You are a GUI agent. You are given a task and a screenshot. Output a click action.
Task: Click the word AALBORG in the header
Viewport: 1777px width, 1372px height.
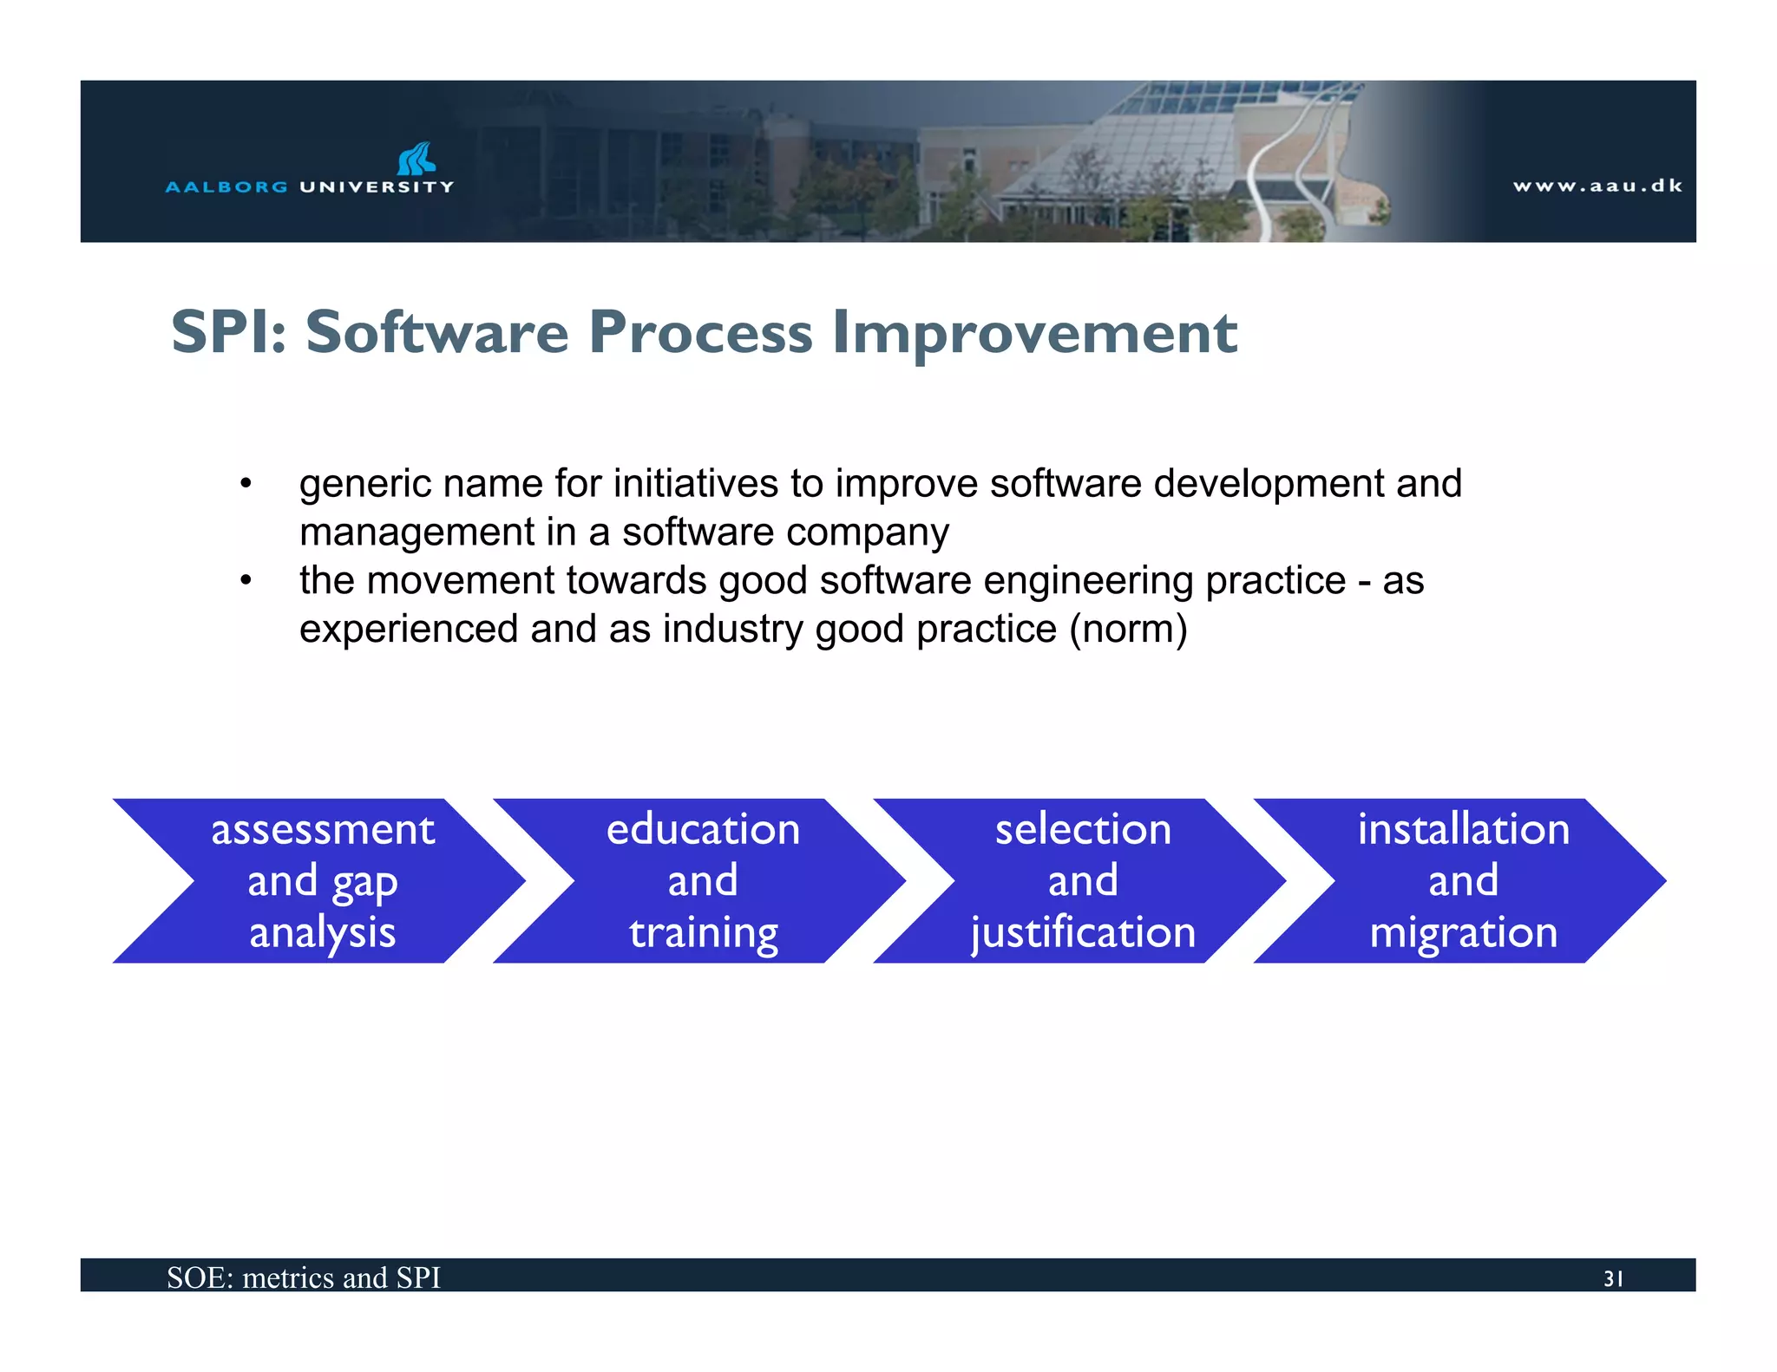226,186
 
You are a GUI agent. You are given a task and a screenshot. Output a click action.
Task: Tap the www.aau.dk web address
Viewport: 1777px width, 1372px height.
1597,186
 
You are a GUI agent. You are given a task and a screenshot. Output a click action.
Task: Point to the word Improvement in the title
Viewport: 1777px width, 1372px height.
1034,334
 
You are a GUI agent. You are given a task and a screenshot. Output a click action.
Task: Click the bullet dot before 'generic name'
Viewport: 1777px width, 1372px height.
246,484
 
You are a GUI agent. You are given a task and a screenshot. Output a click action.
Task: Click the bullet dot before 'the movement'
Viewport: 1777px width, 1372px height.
246,581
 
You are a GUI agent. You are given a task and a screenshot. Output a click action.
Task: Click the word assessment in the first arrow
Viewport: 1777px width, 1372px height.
323,830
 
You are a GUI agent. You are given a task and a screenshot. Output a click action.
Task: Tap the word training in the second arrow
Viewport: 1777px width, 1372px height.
704,934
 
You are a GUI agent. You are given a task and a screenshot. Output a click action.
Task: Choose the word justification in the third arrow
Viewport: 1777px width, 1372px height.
1083,934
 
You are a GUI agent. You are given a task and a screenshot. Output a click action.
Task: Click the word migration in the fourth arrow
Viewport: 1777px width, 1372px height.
1463,933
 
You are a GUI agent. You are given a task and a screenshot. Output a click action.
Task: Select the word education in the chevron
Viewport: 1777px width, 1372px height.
703,830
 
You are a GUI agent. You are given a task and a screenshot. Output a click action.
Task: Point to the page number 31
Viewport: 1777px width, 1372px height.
1613,1278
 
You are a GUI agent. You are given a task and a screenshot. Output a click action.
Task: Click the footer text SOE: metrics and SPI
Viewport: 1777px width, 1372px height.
304,1277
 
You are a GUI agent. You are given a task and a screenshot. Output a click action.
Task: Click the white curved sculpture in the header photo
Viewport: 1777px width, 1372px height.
1302,165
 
